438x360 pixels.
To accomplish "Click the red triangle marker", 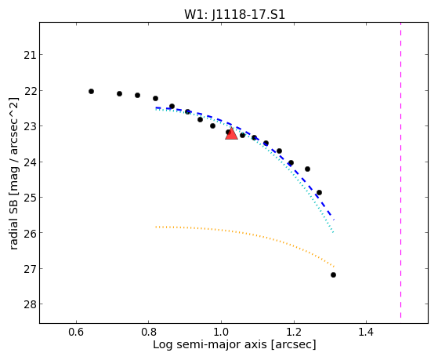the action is coord(231,133).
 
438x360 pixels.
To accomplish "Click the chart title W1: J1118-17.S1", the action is coord(234,15).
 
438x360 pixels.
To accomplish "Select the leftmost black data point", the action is coord(91,91).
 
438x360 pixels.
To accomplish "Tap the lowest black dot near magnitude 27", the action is coord(333,275).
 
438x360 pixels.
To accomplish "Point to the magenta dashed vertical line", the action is coord(401,170).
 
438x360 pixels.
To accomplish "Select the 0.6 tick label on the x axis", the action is coord(76,333).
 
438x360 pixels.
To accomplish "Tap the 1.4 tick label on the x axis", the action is coord(366,333).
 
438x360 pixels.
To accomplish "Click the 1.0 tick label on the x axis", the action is coord(221,333).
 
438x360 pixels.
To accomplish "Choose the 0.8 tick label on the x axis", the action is coord(149,333).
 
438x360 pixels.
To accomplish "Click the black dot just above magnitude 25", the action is coord(319,192).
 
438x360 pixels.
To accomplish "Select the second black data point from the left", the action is coord(119,93).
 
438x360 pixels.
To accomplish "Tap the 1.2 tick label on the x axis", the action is coord(294,333).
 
